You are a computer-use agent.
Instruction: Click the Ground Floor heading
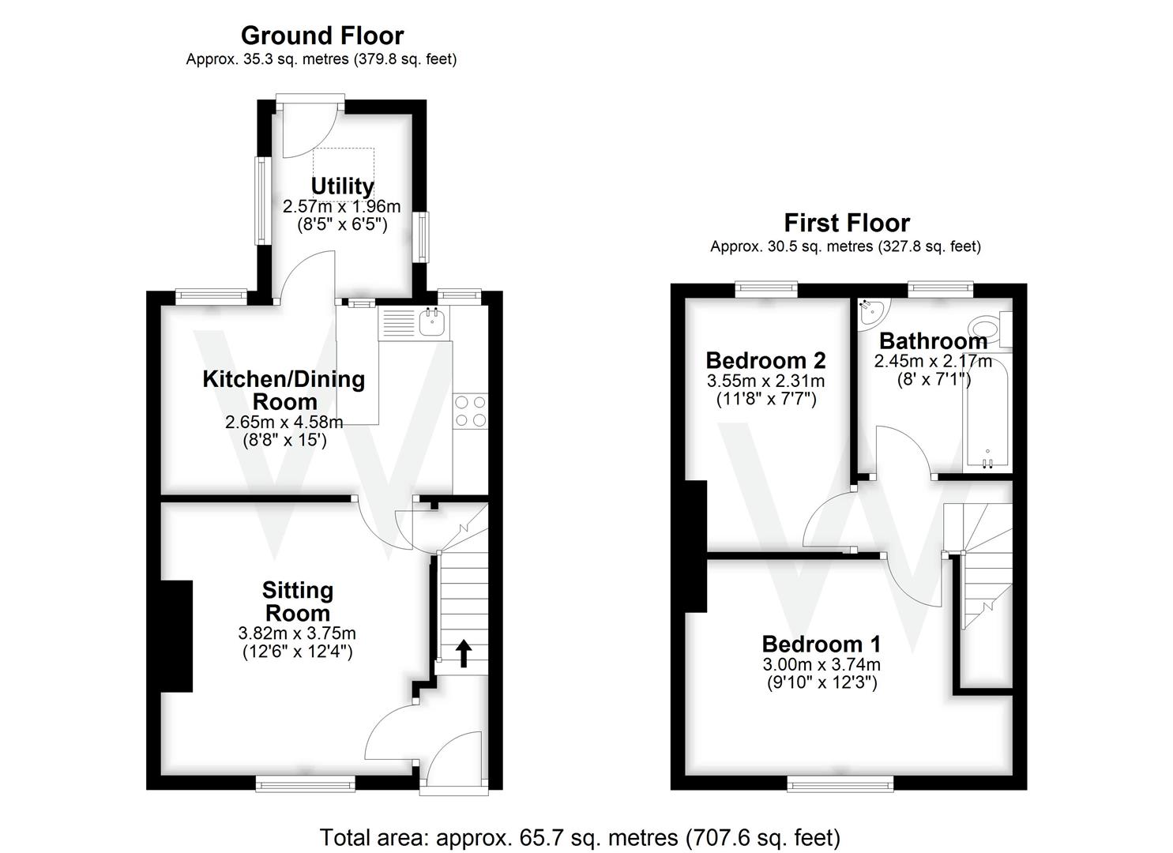pyautogui.click(x=321, y=36)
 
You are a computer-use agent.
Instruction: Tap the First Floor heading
pyautogui.click(x=846, y=223)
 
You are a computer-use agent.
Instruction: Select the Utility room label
pyautogui.click(x=342, y=186)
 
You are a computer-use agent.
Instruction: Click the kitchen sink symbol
pyautogui.click(x=432, y=321)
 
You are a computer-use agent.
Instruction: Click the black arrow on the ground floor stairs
pyautogui.click(x=463, y=653)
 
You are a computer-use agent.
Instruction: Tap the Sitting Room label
pyautogui.click(x=297, y=601)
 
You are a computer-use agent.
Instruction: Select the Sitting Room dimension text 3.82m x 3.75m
pyautogui.click(x=297, y=633)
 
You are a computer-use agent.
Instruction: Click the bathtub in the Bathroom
pyautogui.click(x=986, y=415)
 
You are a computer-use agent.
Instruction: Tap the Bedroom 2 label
pyautogui.click(x=765, y=360)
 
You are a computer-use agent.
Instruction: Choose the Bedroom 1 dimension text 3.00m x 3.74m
pyautogui.click(x=821, y=665)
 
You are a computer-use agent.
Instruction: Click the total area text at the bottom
pyautogui.click(x=580, y=837)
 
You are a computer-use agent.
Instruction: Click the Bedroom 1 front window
pyautogui.click(x=840, y=783)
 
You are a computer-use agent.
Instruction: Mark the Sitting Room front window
pyautogui.click(x=305, y=783)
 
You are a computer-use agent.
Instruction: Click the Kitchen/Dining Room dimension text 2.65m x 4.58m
pyautogui.click(x=284, y=423)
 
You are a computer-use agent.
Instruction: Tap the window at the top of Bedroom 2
pyautogui.click(x=765, y=289)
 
